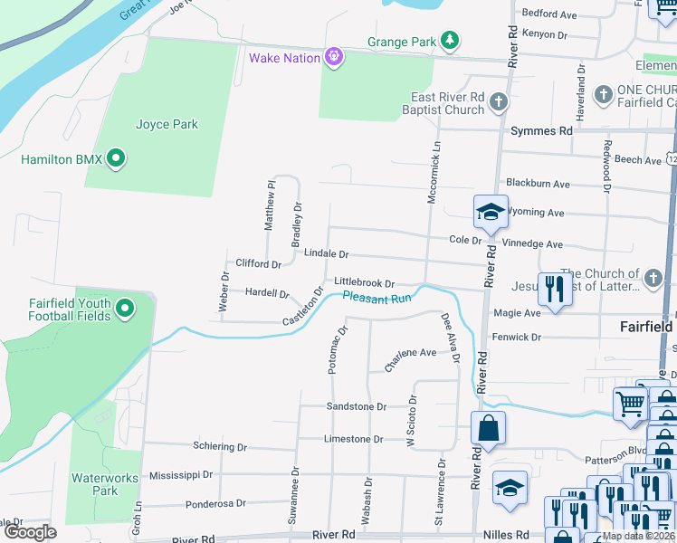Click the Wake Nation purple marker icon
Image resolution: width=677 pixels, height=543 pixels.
(334, 58)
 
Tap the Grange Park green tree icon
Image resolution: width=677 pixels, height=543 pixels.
(449, 42)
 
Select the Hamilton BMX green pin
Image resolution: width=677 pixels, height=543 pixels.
(115, 160)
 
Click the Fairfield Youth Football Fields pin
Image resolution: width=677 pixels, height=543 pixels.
(125, 310)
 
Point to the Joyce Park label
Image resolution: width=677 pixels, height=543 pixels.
(167, 125)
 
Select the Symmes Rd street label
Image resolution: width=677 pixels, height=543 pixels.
(541, 131)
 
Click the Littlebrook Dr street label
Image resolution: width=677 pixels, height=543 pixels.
(364, 283)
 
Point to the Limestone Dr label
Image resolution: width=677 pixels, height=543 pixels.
(354, 440)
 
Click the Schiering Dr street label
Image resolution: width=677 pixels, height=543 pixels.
(219, 447)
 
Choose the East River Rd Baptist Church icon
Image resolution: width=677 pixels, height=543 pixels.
(499, 103)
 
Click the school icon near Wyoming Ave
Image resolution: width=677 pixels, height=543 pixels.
(490, 213)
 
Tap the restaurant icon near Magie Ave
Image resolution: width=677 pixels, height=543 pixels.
(552, 290)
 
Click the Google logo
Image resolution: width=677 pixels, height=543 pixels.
(31, 532)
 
